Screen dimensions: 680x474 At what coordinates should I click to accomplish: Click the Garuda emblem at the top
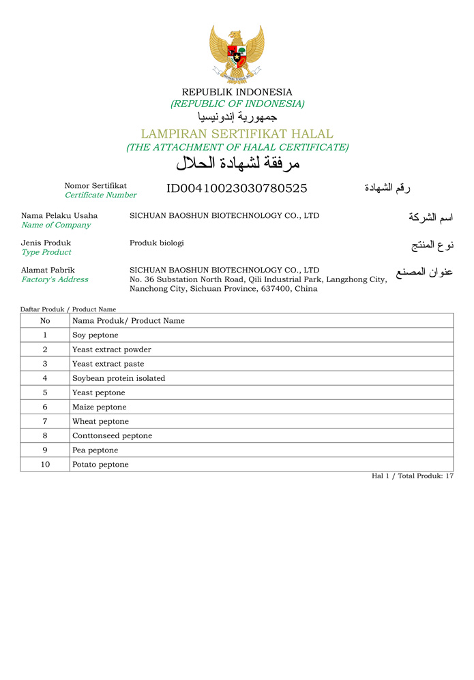[x=237, y=53]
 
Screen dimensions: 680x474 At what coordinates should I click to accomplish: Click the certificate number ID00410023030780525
[x=237, y=189]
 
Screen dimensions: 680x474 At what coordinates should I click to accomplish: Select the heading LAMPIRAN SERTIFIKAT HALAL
[x=237, y=134]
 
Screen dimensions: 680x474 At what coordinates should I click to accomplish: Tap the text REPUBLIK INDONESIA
[x=237, y=92]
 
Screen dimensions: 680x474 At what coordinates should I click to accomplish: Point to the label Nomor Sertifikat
[x=95, y=185]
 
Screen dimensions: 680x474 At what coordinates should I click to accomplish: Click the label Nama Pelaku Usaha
[x=59, y=215]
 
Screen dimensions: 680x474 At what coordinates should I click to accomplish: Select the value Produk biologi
[x=157, y=243]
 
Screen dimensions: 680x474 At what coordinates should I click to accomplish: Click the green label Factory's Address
[x=55, y=279]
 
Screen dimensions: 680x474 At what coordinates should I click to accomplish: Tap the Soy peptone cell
[x=95, y=335]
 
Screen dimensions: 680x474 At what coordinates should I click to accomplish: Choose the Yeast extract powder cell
[x=112, y=350]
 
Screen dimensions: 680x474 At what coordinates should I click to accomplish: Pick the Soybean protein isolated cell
[x=119, y=378]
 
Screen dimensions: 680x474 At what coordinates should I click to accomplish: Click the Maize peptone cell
[x=100, y=407]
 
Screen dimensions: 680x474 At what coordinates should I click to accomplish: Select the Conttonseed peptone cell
[x=113, y=435]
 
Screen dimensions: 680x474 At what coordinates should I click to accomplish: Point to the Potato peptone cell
[x=100, y=464]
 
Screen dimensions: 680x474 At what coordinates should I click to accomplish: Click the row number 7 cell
[x=45, y=421]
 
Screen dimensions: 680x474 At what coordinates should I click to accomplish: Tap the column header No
[x=45, y=320]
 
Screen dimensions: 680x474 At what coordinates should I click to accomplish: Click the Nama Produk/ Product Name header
[x=128, y=320]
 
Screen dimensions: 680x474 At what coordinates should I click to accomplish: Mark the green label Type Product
[x=46, y=252]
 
